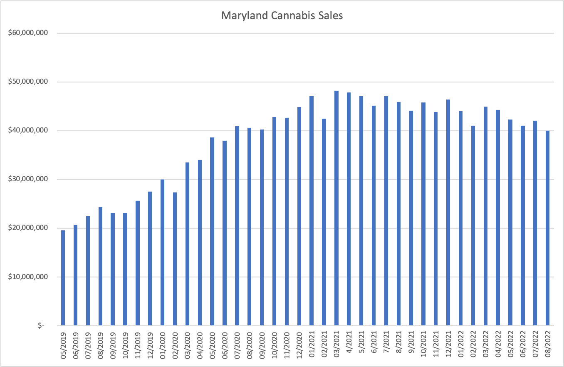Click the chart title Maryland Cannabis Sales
pyautogui.click(x=282, y=16)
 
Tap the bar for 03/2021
pyautogui.click(x=336, y=208)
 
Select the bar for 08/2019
pyautogui.click(x=100, y=266)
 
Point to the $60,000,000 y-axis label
pyautogui.click(x=28, y=33)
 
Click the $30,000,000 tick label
pyautogui.click(x=28, y=180)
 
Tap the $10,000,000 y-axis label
pyautogui.click(x=28, y=277)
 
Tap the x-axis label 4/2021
pyautogui.click(x=349, y=342)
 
